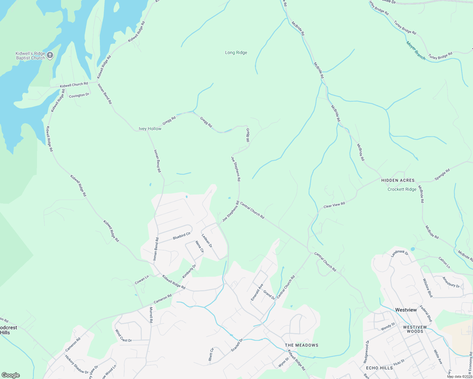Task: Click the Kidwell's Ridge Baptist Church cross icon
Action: tap(50, 56)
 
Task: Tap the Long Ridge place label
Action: tap(236, 53)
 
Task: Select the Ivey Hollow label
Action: tap(150, 129)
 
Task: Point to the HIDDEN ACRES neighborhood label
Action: tap(398, 180)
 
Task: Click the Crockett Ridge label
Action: tap(402, 189)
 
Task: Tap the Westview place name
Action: tap(406, 310)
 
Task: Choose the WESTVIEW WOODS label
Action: tap(415, 329)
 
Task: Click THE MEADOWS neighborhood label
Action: tap(301, 345)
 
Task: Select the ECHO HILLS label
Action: tap(379, 368)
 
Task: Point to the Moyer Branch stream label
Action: tap(416, 51)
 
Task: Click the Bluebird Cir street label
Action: tap(181, 236)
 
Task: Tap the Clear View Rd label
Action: tap(334, 205)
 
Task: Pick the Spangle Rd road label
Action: tap(442, 175)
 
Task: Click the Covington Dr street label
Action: tap(79, 95)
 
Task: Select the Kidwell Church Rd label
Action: tap(74, 85)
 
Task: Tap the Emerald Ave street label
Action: tap(257, 292)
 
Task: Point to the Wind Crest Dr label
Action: tap(123, 336)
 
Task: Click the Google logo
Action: tap(10, 375)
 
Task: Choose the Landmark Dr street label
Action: tap(400, 253)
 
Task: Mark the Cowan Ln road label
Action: tap(142, 280)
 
